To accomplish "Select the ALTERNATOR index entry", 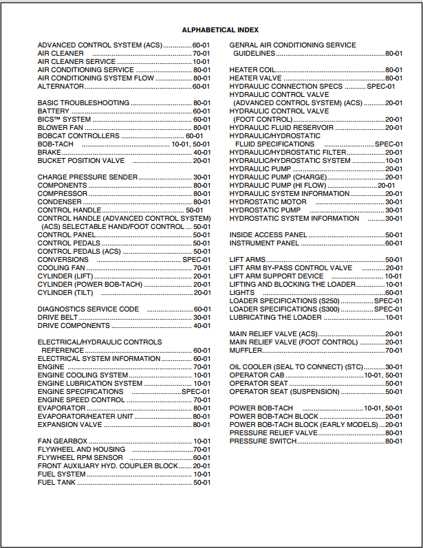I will click(x=61, y=87).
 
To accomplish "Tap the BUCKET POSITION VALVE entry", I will click(x=81, y=161).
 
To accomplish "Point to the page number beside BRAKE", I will click(x=202, y=153).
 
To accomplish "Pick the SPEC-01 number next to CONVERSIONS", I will click(x=196, y=260).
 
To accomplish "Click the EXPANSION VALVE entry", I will click(x=69, y=425).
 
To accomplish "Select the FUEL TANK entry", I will click(x=56, y=483).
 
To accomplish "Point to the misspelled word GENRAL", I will click(x=243, y=45).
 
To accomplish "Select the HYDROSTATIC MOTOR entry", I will click(x=268, y=202).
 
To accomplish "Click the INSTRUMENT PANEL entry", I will click(x=264, y=243).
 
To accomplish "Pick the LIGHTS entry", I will click(x=241, y=293).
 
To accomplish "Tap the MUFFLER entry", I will click(x=246, y=351).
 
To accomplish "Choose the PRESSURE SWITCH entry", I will click(x=262, y=441).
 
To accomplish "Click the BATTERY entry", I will click(x=54, y=111).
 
